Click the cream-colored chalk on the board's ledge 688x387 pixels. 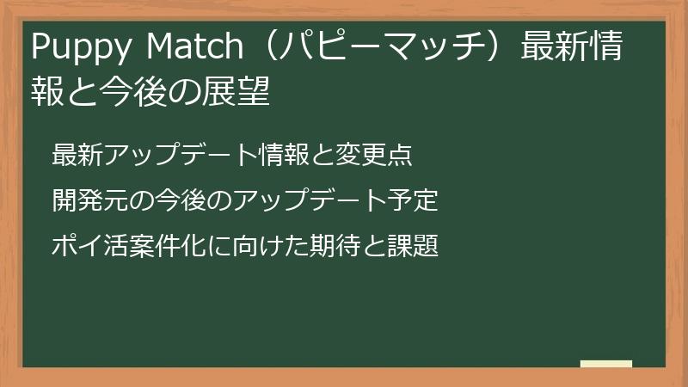tap(606, 364)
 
